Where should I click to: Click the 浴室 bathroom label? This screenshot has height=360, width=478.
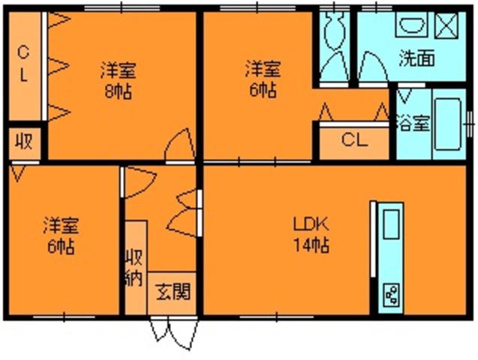pyautogui.click(x=413, y=122)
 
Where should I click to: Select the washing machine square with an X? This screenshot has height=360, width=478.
pyautogui.click(x=447, y=25)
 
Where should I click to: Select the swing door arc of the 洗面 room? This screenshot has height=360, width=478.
pyautogui.click(x=371, y=67)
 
